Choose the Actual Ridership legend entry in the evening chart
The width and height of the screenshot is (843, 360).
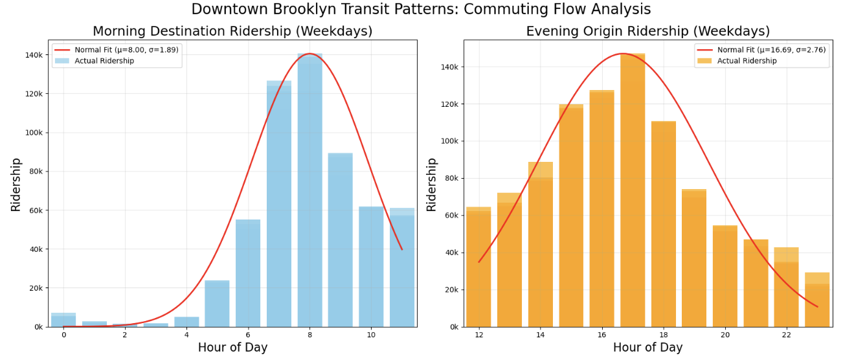coord(747,61)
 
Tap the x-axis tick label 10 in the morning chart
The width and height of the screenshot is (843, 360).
coord(371,335)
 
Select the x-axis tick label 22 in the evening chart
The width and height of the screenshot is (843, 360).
coord(786,335)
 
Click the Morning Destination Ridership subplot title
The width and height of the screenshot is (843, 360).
coord(232,31)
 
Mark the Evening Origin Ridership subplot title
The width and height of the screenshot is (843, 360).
coord(647,31)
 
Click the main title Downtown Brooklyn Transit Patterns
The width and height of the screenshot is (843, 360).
coord(421,9)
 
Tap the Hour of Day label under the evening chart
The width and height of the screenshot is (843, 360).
coord(647,348)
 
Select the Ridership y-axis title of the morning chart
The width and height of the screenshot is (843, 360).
coord(16,184)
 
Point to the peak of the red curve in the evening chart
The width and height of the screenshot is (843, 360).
coord(623,54)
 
